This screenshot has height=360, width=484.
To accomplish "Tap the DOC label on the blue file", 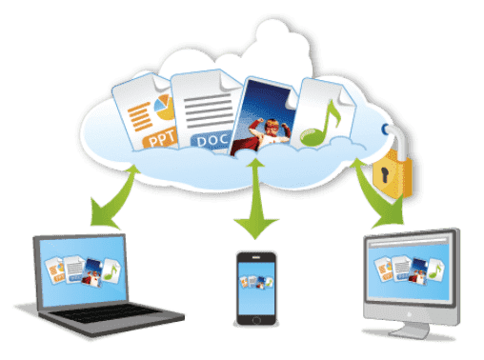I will tap(215, 142).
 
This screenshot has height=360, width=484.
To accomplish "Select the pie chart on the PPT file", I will tap(163, 103).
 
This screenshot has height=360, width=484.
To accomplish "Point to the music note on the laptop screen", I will tap(111, 272).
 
